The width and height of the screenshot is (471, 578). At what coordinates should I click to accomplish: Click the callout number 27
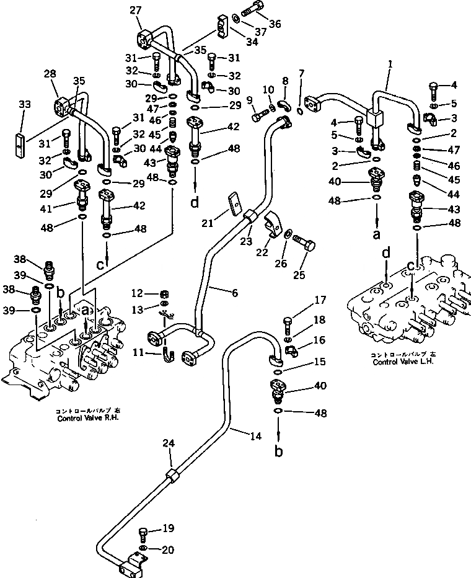coord(136,10)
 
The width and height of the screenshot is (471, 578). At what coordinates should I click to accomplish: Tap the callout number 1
coord(390,64)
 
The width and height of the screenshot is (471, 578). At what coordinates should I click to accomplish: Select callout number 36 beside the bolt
coord(275,24)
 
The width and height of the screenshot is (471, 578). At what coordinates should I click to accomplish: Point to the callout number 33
coord(24,105)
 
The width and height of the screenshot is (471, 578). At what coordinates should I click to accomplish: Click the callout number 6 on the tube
coord(234,293)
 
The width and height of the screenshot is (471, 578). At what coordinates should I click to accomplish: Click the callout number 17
coord(319,301)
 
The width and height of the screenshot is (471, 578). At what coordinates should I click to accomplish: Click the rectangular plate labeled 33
coord(22,138)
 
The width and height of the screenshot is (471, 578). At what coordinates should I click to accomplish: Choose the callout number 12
coord(136,293)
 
